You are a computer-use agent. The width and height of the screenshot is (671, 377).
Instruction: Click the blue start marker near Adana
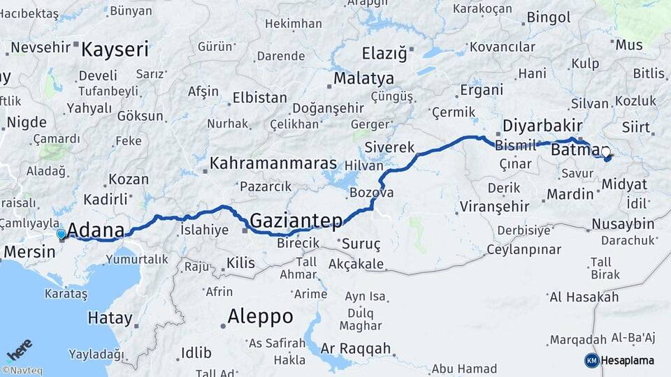[62, 234]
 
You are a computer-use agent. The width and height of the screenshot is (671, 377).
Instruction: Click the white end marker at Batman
[605, 151]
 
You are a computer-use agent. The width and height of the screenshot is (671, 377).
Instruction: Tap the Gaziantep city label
[296, 221]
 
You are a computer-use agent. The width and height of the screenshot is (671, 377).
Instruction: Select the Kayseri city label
[115, 50]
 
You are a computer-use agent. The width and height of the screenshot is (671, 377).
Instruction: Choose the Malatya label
[363, 78]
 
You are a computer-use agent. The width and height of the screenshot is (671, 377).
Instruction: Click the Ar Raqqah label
[356, 348]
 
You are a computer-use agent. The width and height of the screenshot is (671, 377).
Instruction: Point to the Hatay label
[110, 318]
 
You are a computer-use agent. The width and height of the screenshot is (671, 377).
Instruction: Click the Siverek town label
[389, 148]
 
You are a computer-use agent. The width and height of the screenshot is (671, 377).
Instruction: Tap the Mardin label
[570, 193]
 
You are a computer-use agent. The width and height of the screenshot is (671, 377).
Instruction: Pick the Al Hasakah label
[584, 297]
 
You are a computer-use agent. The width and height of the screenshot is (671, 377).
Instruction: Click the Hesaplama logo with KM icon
[619, 360]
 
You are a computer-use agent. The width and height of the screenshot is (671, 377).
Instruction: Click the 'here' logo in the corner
[20, 349]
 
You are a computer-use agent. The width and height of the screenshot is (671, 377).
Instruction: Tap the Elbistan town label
[259, 98]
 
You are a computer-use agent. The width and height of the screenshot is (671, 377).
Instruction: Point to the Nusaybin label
[622, 224]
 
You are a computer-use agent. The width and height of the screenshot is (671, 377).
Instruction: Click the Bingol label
[549, 17]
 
